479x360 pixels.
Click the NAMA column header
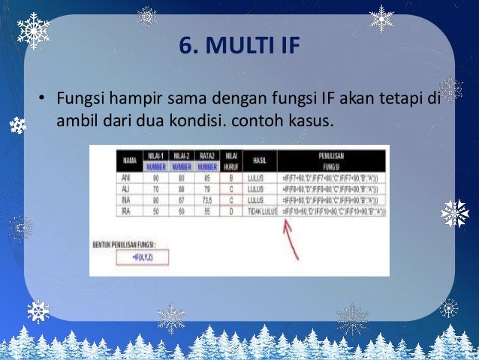point(130,161)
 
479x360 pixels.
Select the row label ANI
point(125,178)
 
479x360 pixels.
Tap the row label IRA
point(125,213)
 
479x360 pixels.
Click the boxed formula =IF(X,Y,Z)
point(143,257)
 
